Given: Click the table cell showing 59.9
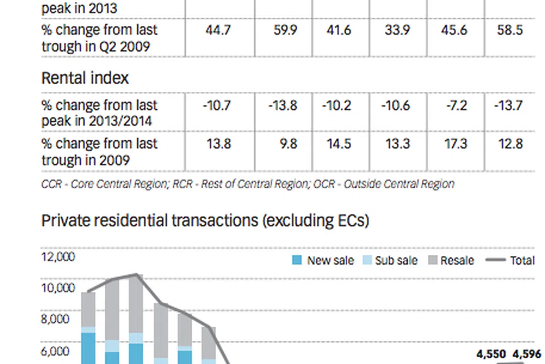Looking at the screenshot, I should tap(283, 30).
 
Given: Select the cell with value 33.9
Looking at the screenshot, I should tap(397, 30).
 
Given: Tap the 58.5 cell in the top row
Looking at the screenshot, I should tap(510, 30).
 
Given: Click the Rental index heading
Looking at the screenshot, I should tap(85, 78).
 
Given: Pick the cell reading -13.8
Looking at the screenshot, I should tap(283, 105).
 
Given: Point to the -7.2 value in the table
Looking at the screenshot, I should tap(456, 105).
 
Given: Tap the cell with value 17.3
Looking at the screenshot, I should tap(456, 144).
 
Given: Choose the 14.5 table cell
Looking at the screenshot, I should tap(338, 144).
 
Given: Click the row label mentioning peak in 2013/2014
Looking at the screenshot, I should tap(99, 113).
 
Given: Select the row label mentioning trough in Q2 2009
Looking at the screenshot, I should tap(99, 38).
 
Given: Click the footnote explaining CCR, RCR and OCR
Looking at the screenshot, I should tap(248, 184).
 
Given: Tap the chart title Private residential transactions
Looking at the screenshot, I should tap(205, 221).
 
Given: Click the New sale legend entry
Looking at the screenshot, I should tap(324, 261).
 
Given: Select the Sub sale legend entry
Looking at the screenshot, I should tap(391, 261).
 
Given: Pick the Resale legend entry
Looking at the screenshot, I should tap(451, 261).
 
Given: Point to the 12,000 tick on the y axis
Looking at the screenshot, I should tap(58, 257).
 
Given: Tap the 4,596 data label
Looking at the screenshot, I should tap(527, 354).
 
